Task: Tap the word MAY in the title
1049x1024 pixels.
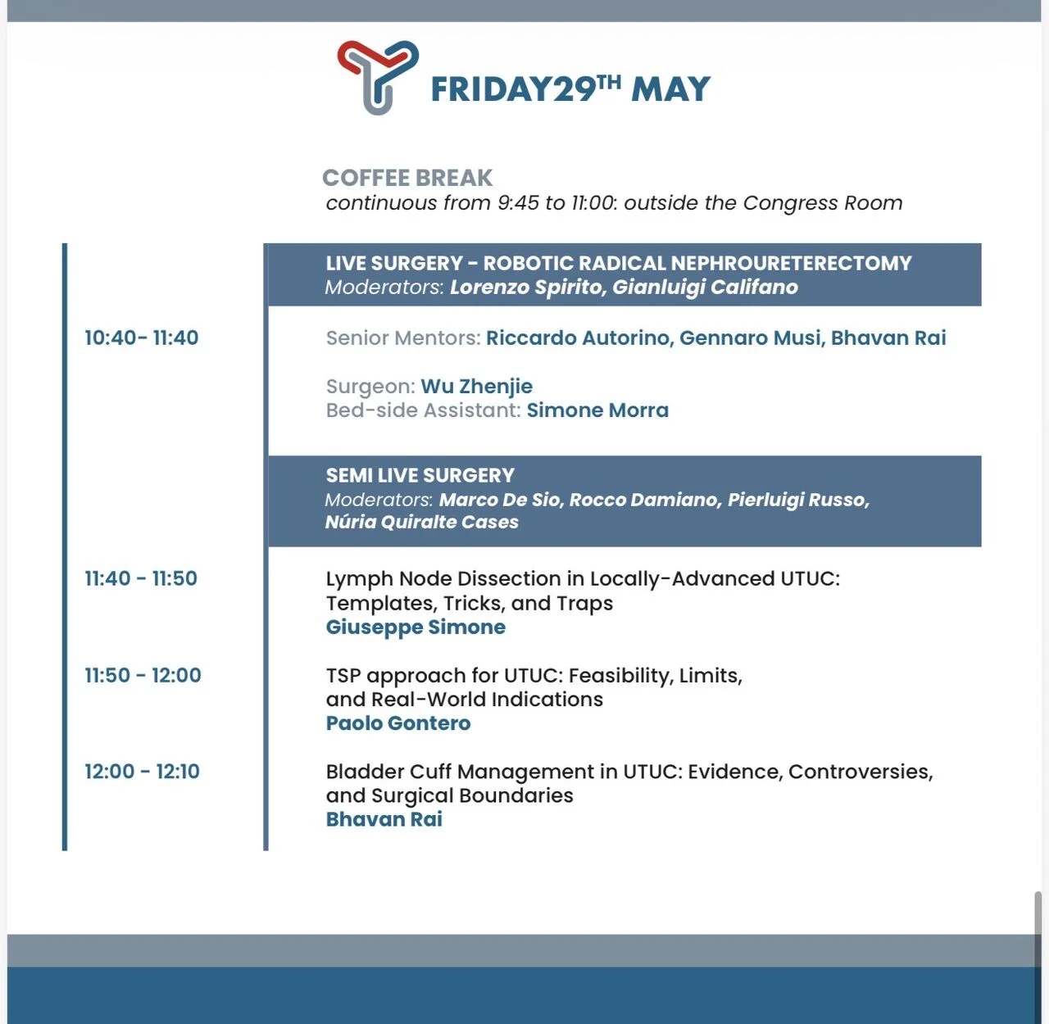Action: point(670,89)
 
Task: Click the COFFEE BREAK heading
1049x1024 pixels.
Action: point(407,178)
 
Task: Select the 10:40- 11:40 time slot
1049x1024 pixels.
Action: point(142,338)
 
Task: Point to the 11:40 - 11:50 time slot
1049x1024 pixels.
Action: point(141,578)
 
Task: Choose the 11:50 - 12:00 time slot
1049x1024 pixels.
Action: point(143,675)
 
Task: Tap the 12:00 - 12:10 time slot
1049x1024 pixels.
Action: point(143,771)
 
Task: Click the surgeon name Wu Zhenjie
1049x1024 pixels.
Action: point(476,387)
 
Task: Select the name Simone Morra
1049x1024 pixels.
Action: point(597,410)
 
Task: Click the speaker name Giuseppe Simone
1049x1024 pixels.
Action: point(416,627)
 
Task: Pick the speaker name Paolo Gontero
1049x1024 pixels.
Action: point(398,723)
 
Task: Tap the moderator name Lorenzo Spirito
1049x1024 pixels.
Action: point(525,288)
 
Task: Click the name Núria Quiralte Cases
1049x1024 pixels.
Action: point(422,522)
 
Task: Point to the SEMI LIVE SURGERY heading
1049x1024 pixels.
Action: point(420,475)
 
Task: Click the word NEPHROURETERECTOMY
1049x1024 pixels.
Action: point(792,264)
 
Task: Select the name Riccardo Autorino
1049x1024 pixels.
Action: point(579,338)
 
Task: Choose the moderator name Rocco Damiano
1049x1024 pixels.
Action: point(645,500)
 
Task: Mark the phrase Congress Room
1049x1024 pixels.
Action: point(823,203)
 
